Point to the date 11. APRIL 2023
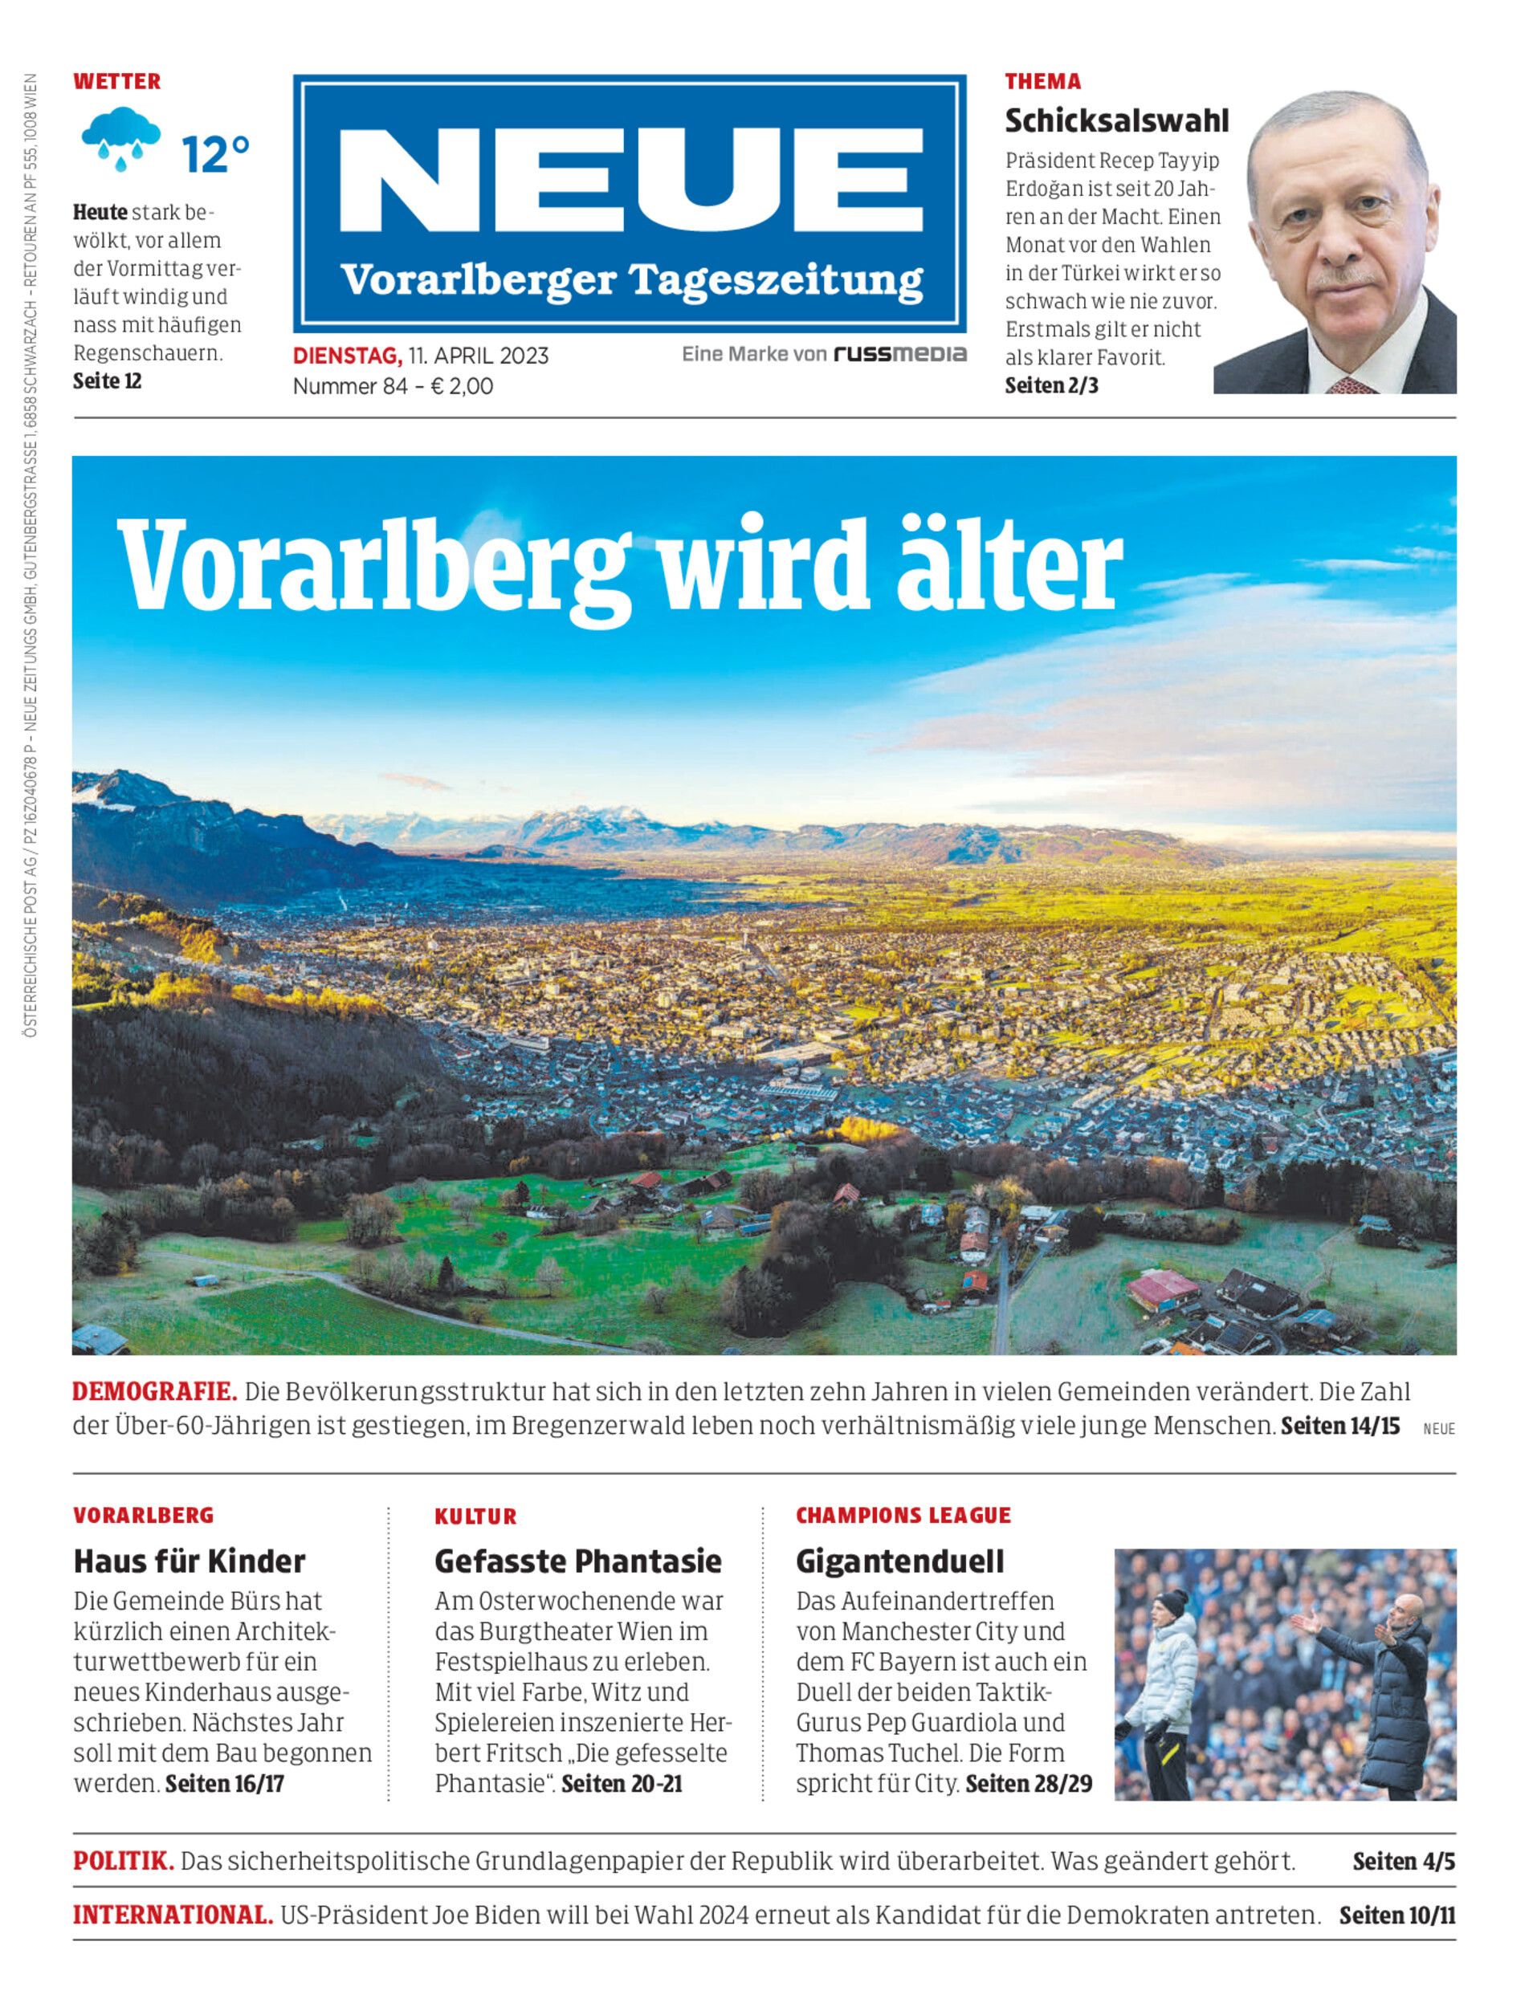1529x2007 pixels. pos(479,355)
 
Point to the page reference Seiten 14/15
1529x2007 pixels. pos(1339,1426)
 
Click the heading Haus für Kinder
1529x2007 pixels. pos(190,1561)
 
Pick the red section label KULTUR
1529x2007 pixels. pos(475,1516)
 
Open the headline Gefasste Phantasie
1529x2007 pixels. pos(578,1561)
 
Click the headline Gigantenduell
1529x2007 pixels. pos(899,1561)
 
